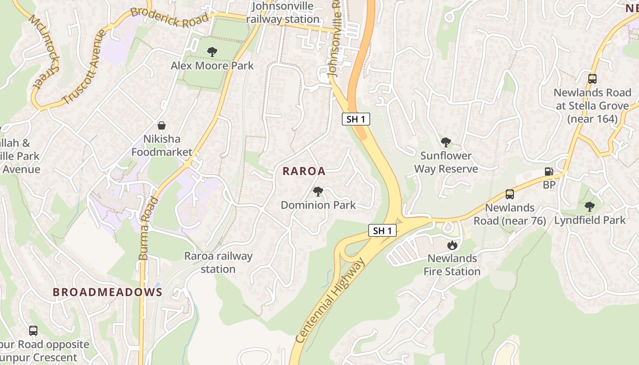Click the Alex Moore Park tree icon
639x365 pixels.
coord(212,52)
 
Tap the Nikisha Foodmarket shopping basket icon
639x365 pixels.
coord(162,125)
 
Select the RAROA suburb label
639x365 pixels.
coord(304,171)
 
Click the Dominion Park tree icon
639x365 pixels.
coord(318,192)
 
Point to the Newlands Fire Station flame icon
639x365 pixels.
coord(452,245)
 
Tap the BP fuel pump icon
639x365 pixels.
coord(549,172)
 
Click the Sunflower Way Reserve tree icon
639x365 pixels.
coord(445,142)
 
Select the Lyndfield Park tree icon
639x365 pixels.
coord(589,207)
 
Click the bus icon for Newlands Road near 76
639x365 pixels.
coord(509,194)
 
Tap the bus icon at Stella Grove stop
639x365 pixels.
coord(592,79)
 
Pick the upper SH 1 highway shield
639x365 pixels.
coord(356,120)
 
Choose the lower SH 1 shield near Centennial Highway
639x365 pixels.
coord(382,230)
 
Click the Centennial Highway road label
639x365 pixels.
coord(330,301)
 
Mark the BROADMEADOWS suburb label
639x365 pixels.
coord(107,292)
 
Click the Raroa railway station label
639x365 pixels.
coord(218,262)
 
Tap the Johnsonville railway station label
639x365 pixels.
coord(283,12)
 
